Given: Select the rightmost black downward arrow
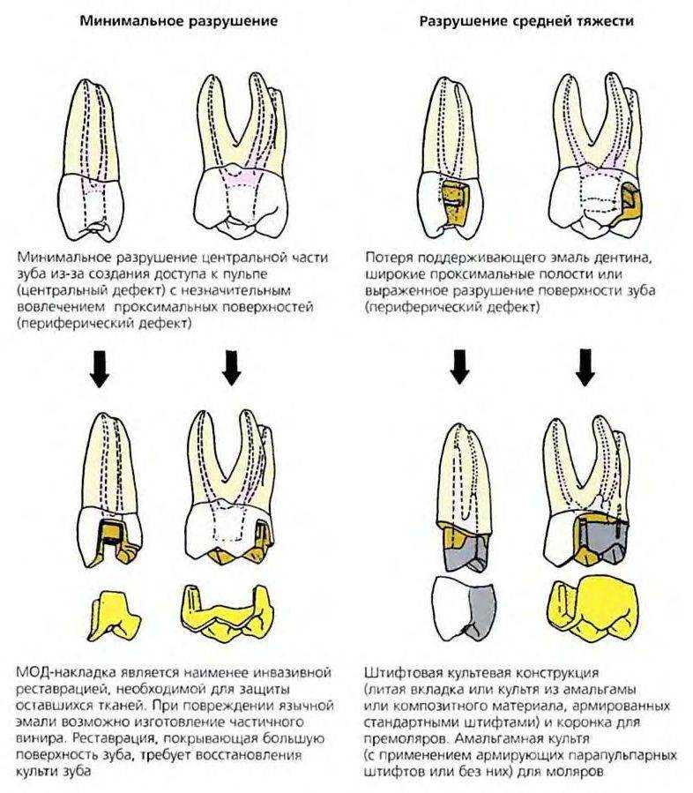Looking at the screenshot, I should [x=585, y=370].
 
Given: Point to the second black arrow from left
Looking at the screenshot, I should [x=231, y=370].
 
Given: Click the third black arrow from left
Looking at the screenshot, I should [x=459, y=370].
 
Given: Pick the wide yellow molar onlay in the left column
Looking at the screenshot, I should [x=226, y=611].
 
